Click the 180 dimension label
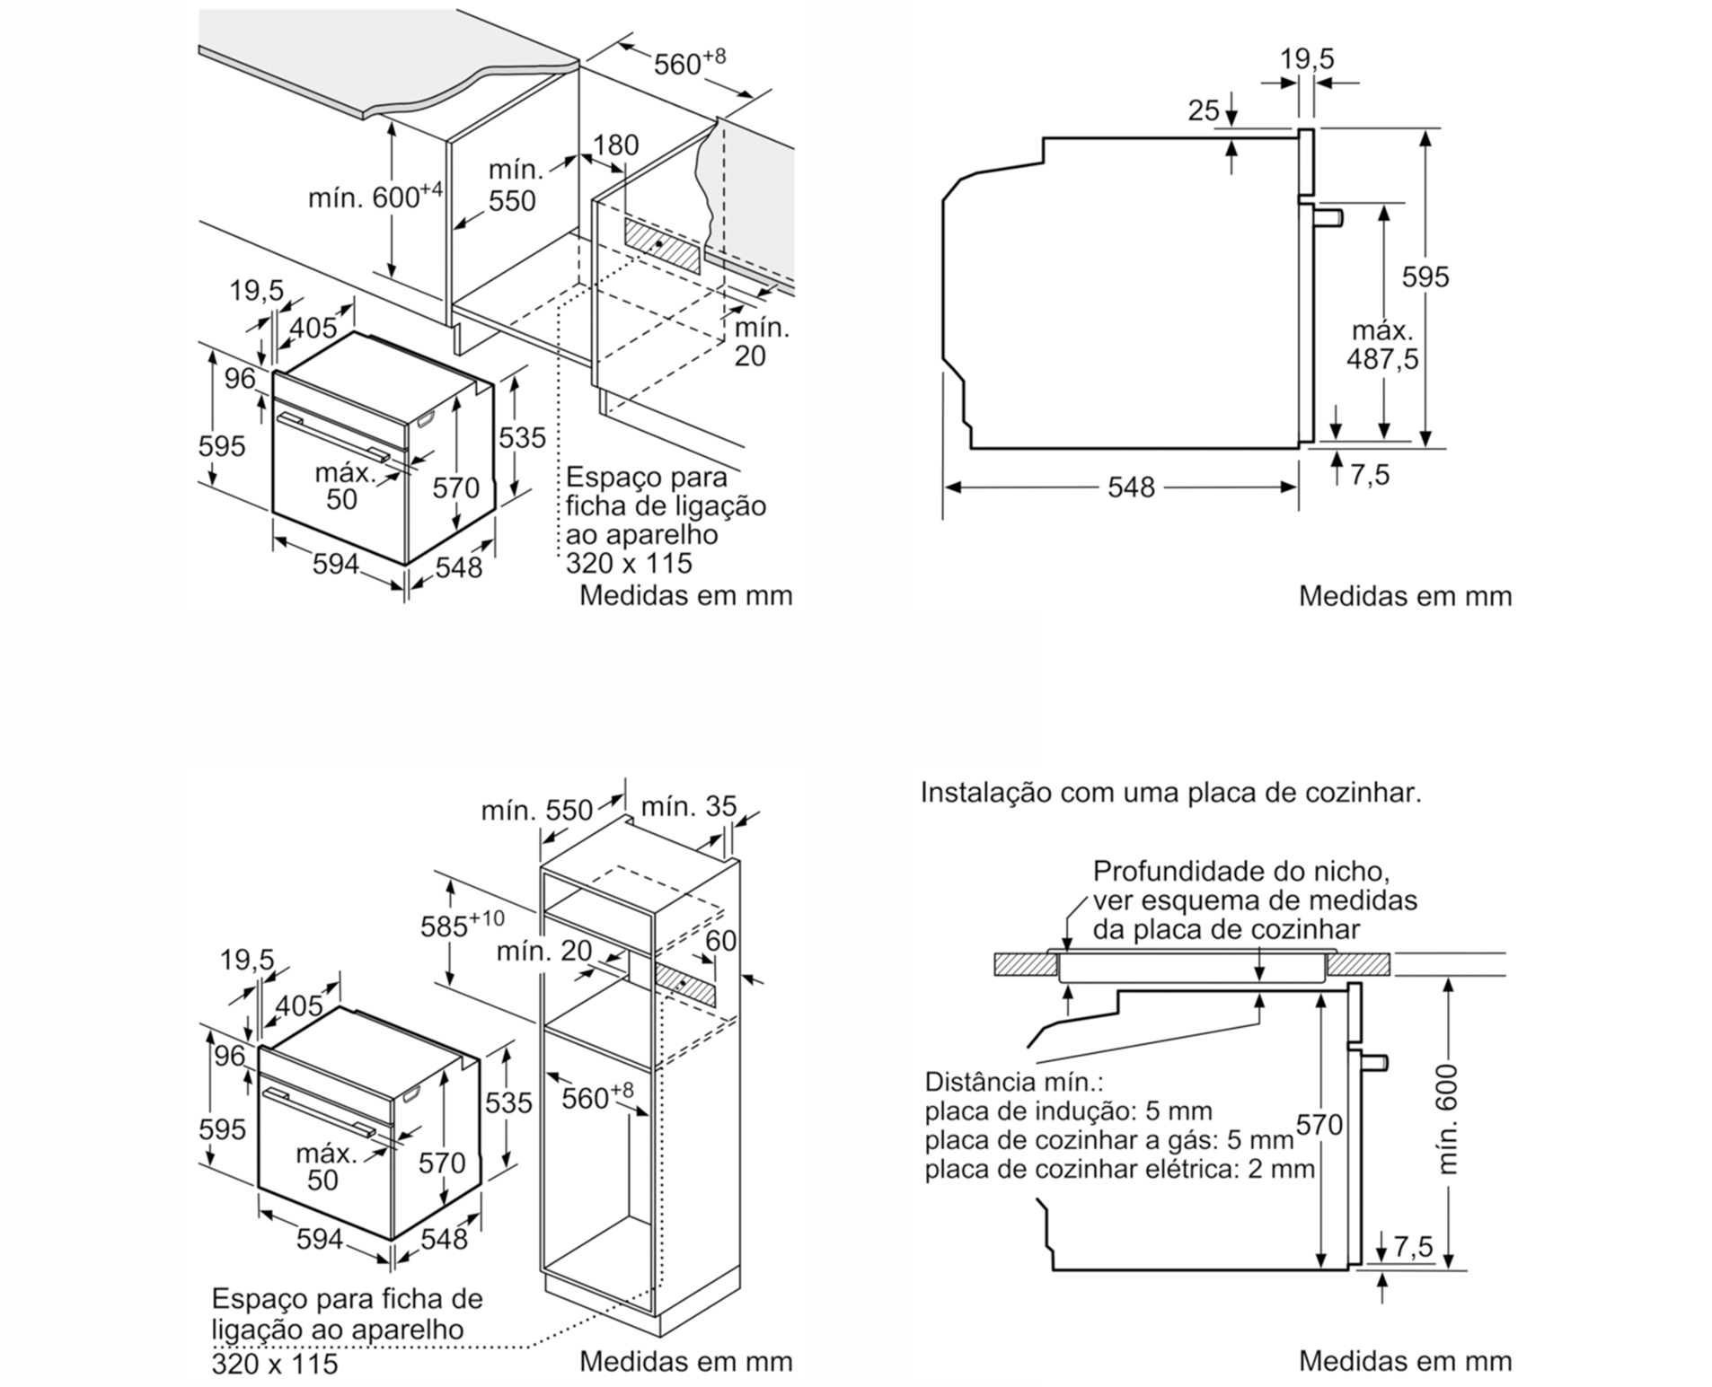click(616, 145)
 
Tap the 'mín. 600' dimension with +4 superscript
click(375, 196)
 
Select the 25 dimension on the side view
click(1204, 110)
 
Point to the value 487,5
click(1382, 359)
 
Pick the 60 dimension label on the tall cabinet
click(720, 940)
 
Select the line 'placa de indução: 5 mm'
click(1068, 1110)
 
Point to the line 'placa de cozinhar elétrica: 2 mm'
click(1119, 1169)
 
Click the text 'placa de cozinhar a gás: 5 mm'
click(1109, 1140)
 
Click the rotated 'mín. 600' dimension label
click(1448, 1119)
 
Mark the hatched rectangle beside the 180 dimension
click(662, 244)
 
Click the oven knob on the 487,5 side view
click(1329, 216)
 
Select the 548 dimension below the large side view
click(1131, 487)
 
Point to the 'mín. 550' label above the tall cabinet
click(536, 810)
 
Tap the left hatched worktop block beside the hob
click(1024, 964)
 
